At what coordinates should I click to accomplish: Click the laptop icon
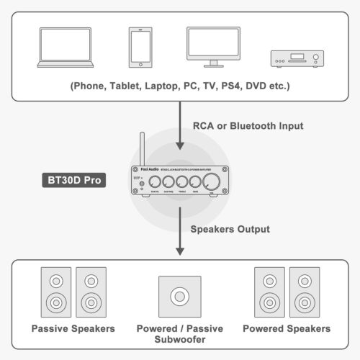pyautogui.click(x=64, y=48)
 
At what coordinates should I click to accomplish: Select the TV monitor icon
pyautogui.click(x=213, y=47)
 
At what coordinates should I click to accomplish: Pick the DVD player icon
pyautogui.click(x=296, y=59)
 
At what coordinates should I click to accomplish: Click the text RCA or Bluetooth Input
pyautogui.click(x=248, y=126)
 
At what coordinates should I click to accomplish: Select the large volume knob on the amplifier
pyautogui.click(x=211, y=184)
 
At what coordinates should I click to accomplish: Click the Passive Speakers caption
pyautogui.click(x=73, y=328)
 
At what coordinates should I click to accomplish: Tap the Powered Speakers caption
pyautogui.click(x=287, y=328)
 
